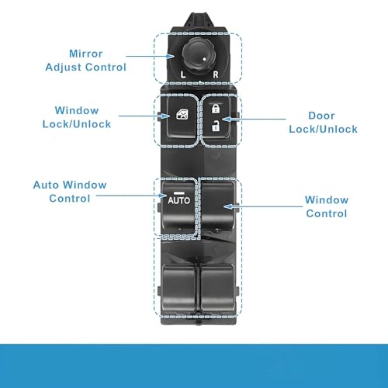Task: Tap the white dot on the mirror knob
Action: (x=204, y=59)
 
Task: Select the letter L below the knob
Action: (x=183, y=74)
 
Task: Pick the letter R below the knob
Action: (x=216, y=74)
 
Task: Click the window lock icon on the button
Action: (x=182, y=114)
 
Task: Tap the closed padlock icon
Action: (x=216, y=109)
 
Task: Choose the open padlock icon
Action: (x=215, y=126)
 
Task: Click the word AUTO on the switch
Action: (x=178, y=200)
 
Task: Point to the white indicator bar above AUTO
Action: (x=178, y=193)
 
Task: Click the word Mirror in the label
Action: (x=86, y=54)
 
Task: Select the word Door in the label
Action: (x=321, y=116)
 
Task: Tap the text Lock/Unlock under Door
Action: (x=323, y=129)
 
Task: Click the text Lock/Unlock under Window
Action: (x=77, y=124)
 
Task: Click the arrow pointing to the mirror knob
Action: (x=150, y=56)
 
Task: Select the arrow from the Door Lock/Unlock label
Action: (x=254, y=119)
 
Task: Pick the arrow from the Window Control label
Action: (x=263, y=206)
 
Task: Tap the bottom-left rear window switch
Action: (x=178, y=288)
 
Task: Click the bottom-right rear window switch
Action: (x=218, y=288)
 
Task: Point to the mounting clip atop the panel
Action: (x=199, y=20)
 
